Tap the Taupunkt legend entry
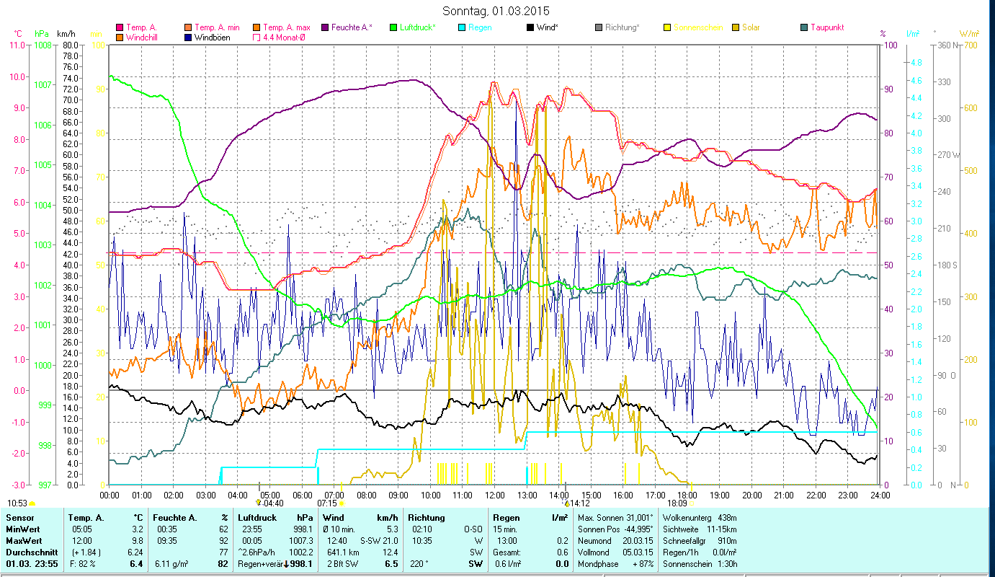click(827, 27)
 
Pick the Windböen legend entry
click(211, 37)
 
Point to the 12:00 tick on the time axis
click(495, 495)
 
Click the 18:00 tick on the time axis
click(687, 495)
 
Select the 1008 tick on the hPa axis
click(43, 45)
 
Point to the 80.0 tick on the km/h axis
click(70, 45)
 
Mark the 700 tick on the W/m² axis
click(971, 45)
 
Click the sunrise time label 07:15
click(327, 503)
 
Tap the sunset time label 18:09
click(677, 503)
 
